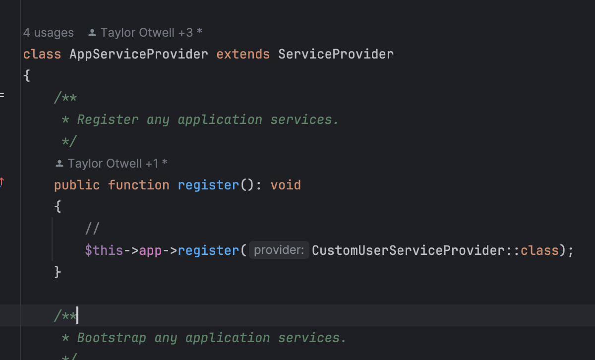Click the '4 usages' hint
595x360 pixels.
point(48,33)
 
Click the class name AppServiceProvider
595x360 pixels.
point(139,54)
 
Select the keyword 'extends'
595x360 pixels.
point(243,54)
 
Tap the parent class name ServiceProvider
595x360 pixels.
point(336,54)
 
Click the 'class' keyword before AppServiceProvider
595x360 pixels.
point(42,54)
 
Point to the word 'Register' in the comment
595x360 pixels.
point(108,120)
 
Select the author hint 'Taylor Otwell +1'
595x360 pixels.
point(113,163)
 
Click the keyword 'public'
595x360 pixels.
point(77,185)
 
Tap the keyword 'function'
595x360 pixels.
point(138,185)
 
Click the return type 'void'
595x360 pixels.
point(286,185)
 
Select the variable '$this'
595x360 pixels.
point(104,250)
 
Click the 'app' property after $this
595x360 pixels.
point(150,250)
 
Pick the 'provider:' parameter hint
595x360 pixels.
point(279,250)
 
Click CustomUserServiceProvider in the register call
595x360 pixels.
point(408,250)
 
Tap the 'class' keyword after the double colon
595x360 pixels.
point(539,250)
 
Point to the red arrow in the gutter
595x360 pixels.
point(2,182)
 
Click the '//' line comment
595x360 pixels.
point(92,229)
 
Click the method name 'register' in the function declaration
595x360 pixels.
point(208,185)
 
